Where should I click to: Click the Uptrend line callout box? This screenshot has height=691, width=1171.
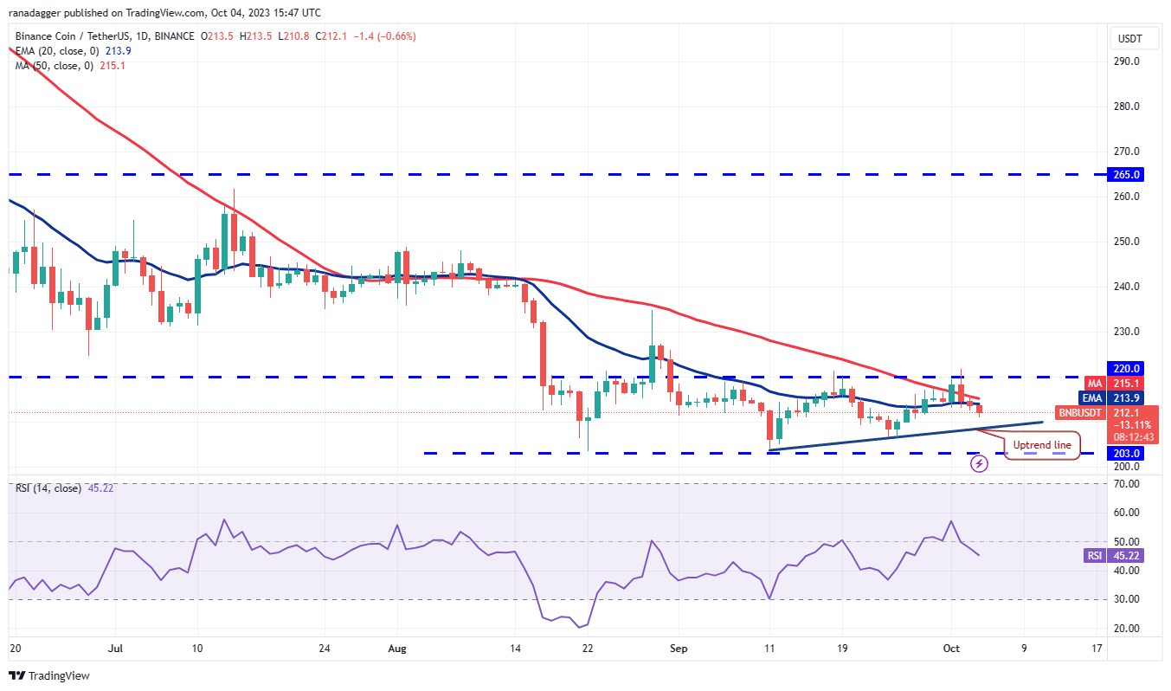(x=1042, y=445)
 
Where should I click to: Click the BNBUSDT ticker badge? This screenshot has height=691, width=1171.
(x=1079, y=413)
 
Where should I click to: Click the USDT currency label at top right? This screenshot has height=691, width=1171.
(x=1130, y=39)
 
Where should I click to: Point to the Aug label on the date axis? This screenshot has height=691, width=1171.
(x=397, y=647)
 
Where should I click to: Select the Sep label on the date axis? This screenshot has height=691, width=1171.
(x=679, y=647)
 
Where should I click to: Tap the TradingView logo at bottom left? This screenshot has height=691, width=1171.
(x=49, y=675)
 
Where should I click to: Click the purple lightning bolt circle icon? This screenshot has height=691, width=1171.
(x=979, y=464)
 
